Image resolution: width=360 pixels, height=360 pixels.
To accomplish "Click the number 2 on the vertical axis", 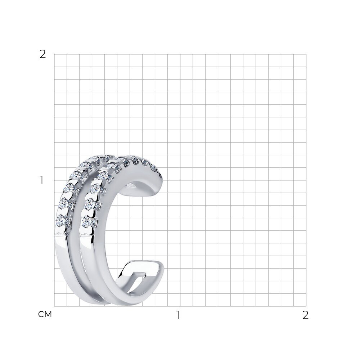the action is pyautogui.click(x=43, y=54).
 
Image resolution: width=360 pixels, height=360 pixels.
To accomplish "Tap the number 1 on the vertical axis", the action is pyautogui.click(x=41, y=180).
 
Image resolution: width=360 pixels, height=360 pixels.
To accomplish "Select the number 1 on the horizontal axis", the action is pyautogui.click(x=178, y=315).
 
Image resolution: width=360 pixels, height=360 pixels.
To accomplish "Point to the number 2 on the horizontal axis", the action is pyautogui.click(x=305, y=315).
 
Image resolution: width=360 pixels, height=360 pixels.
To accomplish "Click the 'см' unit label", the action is pyautogui.click(x=45, y=314).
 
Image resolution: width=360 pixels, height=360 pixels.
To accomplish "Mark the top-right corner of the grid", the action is pyautogui.click(x=306, y=54).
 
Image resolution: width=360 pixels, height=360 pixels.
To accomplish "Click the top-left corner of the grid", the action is pyautogui.click(x=54, y=54).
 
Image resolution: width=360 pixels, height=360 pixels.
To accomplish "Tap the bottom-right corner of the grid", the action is pyautogui.click(x=306, y=306).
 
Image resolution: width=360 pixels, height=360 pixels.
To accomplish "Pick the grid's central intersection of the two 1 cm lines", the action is pyautogui.click(x=180, y=180).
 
